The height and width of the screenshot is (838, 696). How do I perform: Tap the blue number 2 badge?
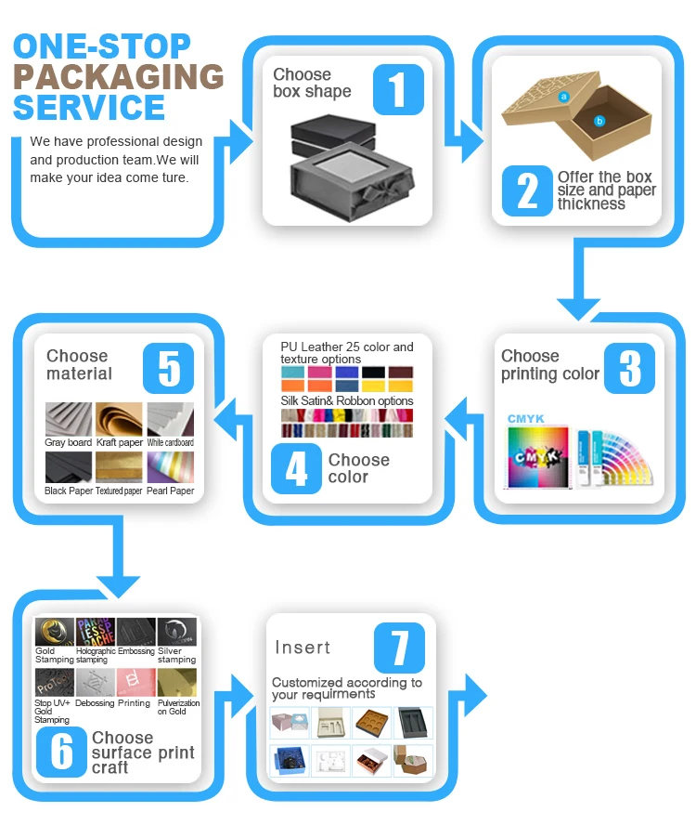click(526, 190)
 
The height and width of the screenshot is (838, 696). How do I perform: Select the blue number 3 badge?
click(630, 367)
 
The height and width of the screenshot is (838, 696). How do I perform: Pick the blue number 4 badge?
click(296, 469)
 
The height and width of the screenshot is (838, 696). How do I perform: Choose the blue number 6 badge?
click(61, 752)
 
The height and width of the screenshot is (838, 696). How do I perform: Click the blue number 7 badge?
click(400, 648)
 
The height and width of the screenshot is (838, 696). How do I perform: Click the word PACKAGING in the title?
click(119, 76)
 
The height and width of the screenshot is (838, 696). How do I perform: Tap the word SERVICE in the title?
click(89, 108)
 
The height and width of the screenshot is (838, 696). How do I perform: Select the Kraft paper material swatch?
click(119, 419)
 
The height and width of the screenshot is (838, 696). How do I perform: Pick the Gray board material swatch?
click(69, 419)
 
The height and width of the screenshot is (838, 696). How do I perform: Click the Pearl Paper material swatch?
click(171, 467)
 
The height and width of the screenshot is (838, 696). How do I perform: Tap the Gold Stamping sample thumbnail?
click(54, 632)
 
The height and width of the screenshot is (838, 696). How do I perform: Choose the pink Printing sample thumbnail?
click(135, 683)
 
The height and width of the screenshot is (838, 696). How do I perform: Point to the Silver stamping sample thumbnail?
click(176, 632)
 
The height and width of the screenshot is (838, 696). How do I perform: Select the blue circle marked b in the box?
click(599, 121)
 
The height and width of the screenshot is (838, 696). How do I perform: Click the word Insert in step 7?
click(303, 648)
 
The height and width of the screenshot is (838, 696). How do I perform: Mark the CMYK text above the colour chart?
click(525, 419)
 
